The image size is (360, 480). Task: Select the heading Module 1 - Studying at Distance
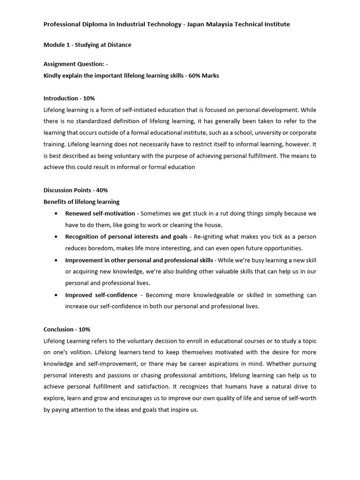(87, 45)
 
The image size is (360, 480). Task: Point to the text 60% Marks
(204, 75)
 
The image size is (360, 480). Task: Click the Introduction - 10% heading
(69, 98)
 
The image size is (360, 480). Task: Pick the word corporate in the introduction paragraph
(300, 133)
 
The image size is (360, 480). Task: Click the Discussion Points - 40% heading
(75, 190)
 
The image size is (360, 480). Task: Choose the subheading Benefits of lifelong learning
(82, 202)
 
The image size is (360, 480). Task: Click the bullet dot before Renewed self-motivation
(56, 214)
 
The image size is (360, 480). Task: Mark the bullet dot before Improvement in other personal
(56, 260)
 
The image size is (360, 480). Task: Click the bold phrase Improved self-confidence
(101, 295)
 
